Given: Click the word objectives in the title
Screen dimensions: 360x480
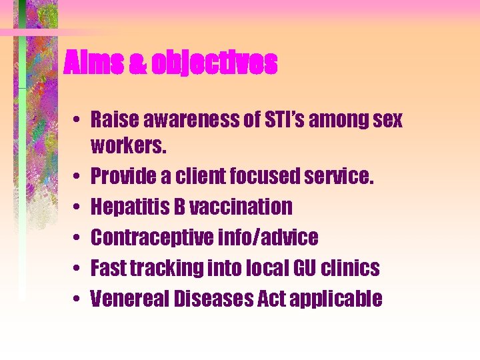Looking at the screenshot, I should (x=214, y=63).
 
